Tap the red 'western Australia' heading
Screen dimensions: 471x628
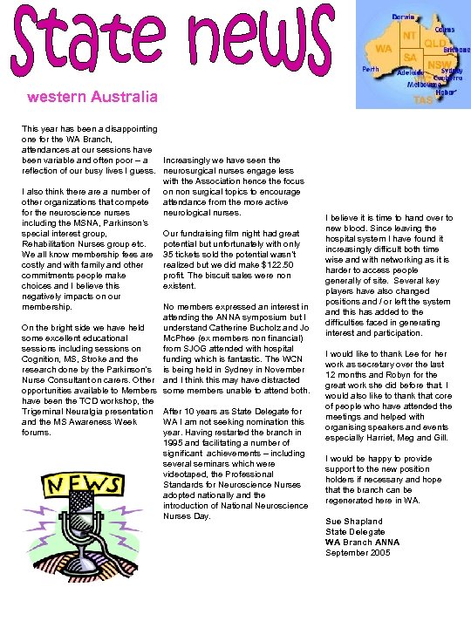tap(92, 96)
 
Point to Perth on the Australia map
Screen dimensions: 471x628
tap(370, 68)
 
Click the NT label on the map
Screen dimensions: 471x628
tap(408, 36)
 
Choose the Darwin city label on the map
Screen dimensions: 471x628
tap(403, 17)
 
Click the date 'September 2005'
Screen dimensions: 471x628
tap(358, 553)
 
